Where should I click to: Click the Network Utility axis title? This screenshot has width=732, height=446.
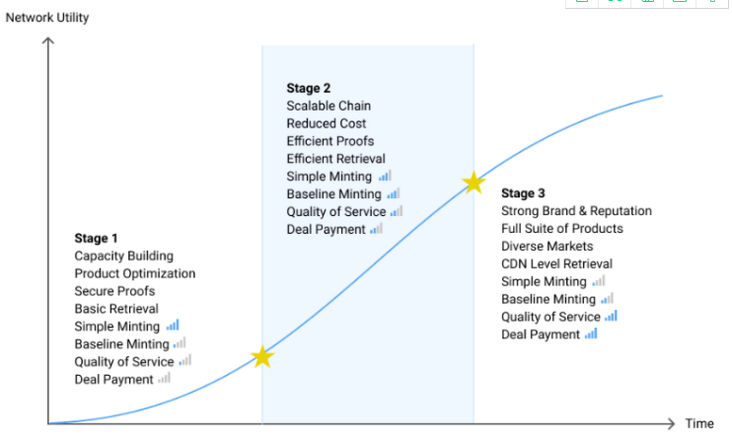(47, 17)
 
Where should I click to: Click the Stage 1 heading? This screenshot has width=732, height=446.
(97, 238)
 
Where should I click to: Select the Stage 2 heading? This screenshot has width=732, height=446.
(309, 88)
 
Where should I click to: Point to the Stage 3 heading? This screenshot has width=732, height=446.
(523, 192)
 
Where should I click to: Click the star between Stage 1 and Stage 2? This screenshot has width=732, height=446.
(261, 356)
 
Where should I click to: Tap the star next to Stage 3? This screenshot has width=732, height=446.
(474, 183)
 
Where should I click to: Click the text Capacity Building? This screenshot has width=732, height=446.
(123, 256)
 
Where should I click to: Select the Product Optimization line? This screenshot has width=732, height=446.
(135, 273)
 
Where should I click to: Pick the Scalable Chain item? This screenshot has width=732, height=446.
(329, 106)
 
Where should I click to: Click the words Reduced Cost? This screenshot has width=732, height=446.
(327, 123)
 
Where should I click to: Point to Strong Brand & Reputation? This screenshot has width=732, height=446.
(576, 210)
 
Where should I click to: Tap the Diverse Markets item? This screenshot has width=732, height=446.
(548, 246)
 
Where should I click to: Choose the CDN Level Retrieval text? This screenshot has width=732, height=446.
(556, 263)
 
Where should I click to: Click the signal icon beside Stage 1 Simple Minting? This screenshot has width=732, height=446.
(173, 326)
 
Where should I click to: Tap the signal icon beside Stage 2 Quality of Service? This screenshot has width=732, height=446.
(397, 211)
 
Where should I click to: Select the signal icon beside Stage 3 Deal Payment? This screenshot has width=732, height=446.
(591, 334)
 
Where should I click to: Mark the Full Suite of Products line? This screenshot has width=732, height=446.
(562, 228)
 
